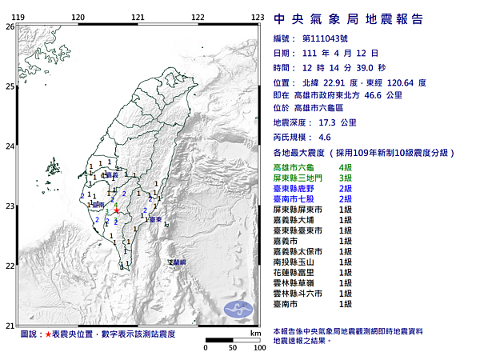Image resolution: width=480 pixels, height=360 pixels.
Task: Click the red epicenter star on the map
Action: pos(117,212)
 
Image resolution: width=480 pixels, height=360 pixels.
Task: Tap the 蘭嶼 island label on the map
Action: pos(177,262)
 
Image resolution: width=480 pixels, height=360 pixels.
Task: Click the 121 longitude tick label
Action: pos(138,17)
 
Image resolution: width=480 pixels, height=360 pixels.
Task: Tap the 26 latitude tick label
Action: pos(10,26)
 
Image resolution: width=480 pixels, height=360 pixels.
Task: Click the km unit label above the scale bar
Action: pos(255,332)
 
